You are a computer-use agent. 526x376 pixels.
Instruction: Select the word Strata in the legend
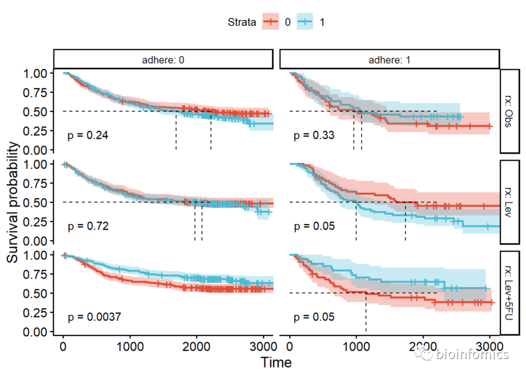[x=242, y=22]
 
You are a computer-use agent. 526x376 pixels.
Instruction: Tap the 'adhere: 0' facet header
[x=163, y=59]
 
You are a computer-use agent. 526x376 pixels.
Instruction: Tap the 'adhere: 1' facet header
[x=390, y=59]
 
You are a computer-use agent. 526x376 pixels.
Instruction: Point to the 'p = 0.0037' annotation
[x=94, y=317]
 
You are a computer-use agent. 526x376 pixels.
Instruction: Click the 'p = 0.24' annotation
[x=88, y=135]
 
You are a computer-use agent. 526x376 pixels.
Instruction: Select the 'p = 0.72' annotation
[x=88, y=226]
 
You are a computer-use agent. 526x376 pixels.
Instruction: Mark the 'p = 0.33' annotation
[x=314, y=135]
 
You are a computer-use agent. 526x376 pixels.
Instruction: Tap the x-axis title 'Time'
[x=276, y=362]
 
